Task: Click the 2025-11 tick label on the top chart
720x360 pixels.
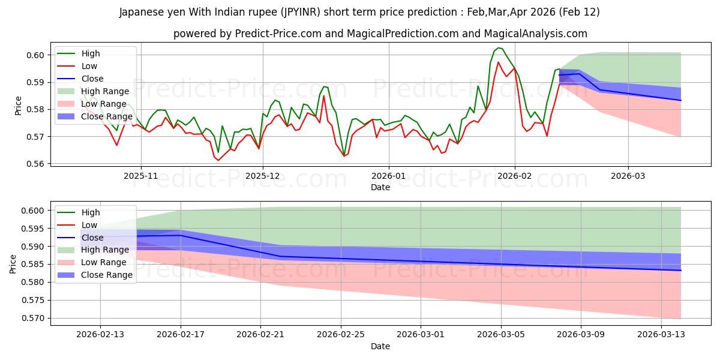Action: pos(141,176)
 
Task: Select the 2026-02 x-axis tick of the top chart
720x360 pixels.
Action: pos(515,176)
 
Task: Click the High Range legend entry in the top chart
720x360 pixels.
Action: pos(105,91)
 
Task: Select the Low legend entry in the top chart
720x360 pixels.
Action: pos(89,66)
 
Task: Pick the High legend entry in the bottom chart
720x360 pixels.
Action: pos(91,212)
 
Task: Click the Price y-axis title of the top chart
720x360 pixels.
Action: pos(18,106)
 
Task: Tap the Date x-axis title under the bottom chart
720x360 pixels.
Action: pos(380,346)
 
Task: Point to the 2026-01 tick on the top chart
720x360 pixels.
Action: pos(389,176)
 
